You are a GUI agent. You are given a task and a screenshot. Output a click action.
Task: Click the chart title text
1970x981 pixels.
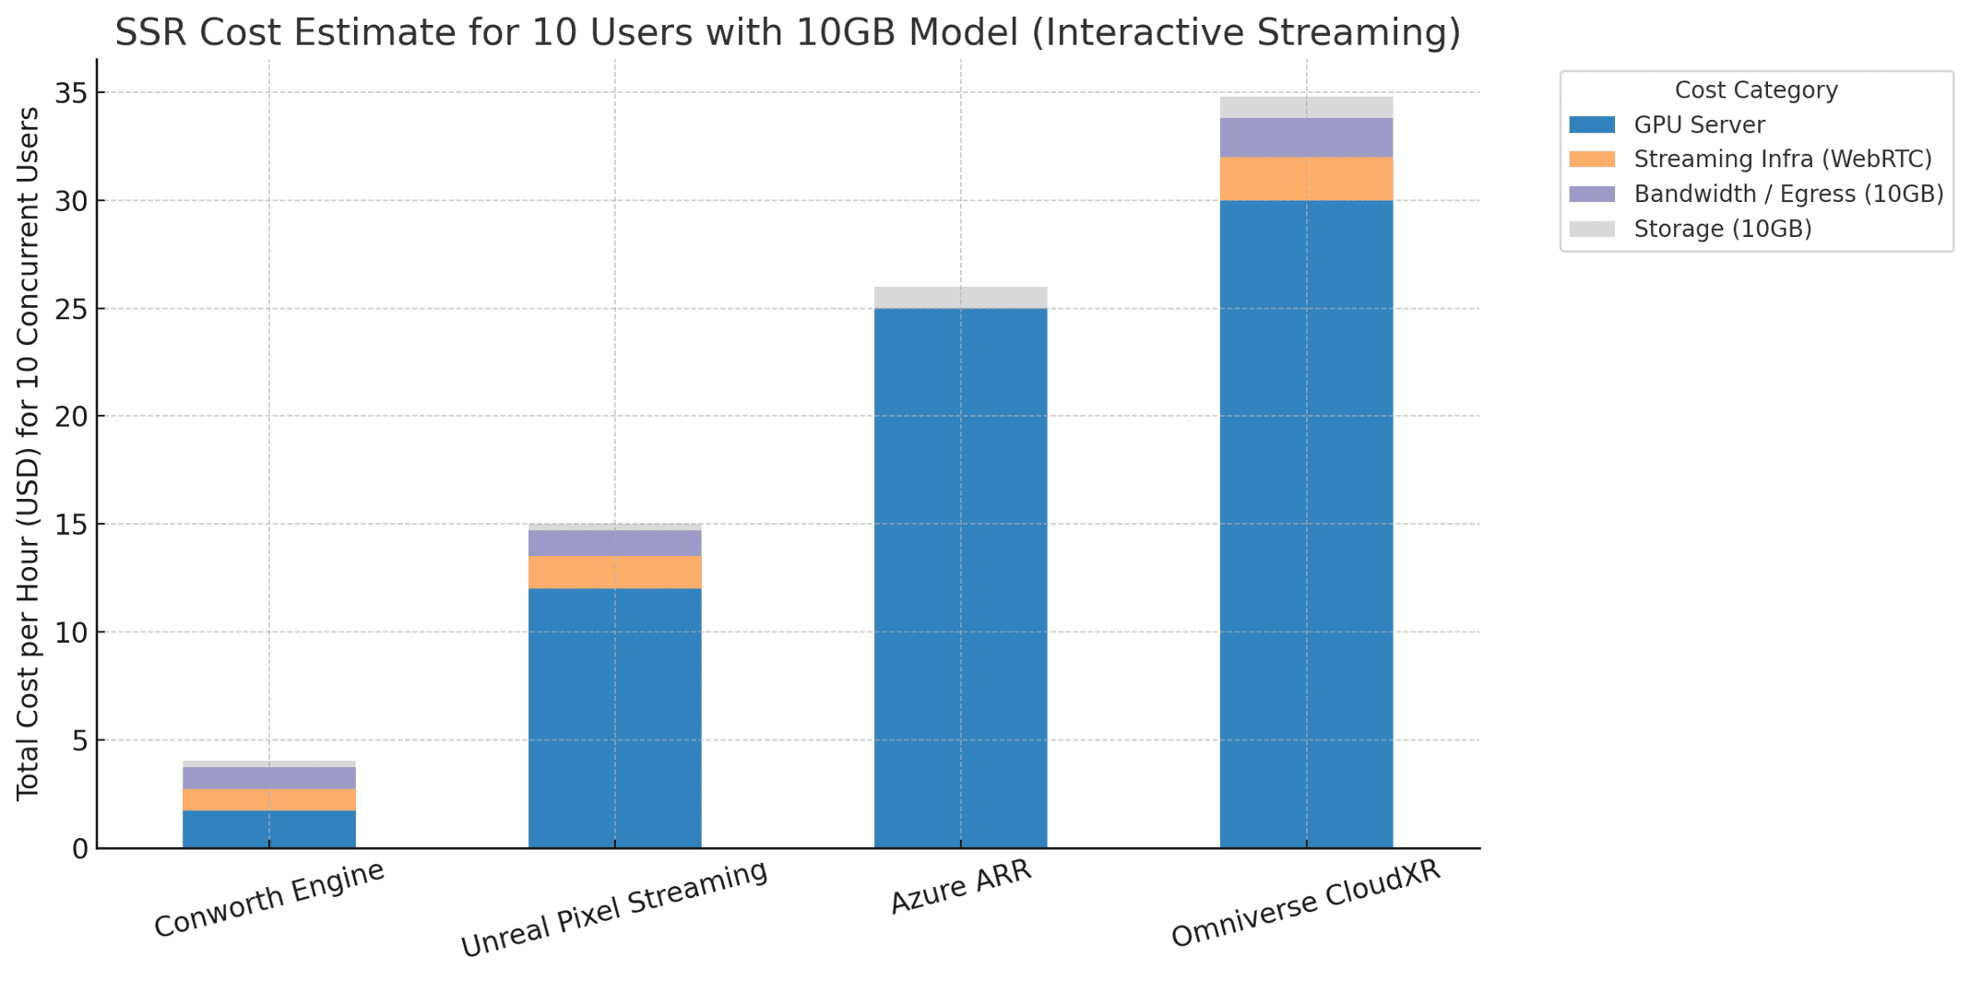[x=788, y=33]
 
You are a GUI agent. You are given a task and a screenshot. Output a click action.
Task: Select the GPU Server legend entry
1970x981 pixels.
[x=1699, y=125]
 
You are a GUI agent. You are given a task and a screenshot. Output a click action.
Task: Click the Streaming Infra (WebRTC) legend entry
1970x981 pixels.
[x=1782, y=160]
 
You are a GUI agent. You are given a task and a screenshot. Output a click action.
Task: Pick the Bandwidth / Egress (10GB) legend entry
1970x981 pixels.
[x=1788, y=195]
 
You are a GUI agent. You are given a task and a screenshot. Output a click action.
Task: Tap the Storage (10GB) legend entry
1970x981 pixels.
[x=1722, y=230]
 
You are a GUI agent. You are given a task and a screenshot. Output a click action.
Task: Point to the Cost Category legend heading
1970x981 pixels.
[x=1755, y=90]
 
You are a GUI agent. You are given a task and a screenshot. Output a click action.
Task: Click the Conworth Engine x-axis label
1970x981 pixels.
[x=268, y=899]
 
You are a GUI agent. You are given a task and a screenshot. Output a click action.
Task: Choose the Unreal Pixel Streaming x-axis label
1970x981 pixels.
[x=613, y=909]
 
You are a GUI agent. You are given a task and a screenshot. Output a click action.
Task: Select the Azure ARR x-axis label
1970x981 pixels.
[x=960, y=887]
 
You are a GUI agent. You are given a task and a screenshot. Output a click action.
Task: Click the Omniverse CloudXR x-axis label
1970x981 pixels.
[x=1305, y=904]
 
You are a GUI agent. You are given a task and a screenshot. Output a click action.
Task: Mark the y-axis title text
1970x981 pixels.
[x=29, y=454]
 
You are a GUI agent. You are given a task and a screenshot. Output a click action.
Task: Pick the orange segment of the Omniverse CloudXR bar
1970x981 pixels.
[x=1306, y=179]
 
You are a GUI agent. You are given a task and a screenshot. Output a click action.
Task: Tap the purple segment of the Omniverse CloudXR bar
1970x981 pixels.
[x=1306, y=137]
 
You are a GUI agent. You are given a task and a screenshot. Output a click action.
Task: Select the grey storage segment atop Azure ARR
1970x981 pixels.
[x=960, y=298]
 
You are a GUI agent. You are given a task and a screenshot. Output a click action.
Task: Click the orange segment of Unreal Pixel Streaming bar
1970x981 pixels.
[x=614, y=573]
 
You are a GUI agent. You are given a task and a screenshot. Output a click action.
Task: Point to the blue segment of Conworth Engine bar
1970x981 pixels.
[x=268, y=829]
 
